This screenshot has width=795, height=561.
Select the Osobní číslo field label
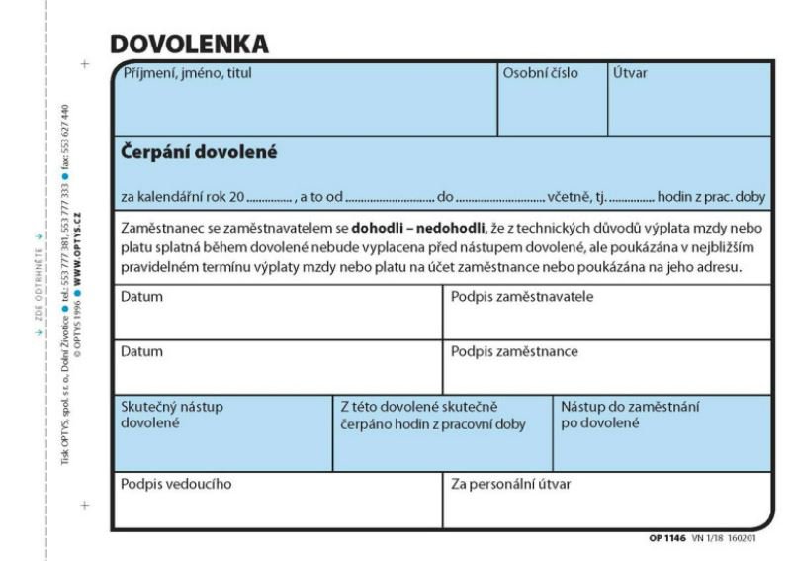pyautogui.click(x=541, y=72)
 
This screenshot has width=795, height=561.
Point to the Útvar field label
pyautogui.click(x=630, y=72)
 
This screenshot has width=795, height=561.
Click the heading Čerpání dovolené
pyautogui.click(x=199, y=152)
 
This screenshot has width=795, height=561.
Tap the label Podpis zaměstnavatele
pyautogui.click(x=522, y=296)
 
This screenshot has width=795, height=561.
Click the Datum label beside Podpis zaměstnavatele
pyautogui.click(x=141, y=296)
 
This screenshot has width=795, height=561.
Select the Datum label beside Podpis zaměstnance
pyautogui.click(x=141, y=350)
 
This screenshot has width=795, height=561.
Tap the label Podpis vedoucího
pyautogui.click(x=177, y=484)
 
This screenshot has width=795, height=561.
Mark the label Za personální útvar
pyautogui.click(x=510, y=484)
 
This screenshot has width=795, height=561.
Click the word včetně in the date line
pyautogui.click(x=568, y=195)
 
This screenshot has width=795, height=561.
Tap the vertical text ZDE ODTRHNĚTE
pyautogui.click(x=39, y=277)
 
